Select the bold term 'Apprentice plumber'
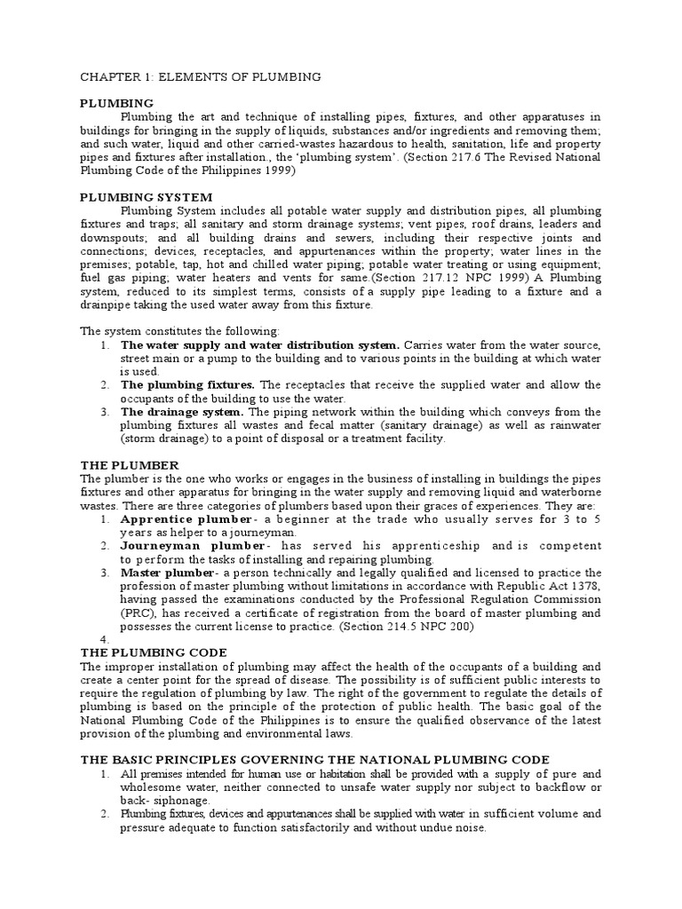178,518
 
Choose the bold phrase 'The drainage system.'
181,412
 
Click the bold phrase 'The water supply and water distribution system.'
260,344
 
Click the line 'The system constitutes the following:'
179,331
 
